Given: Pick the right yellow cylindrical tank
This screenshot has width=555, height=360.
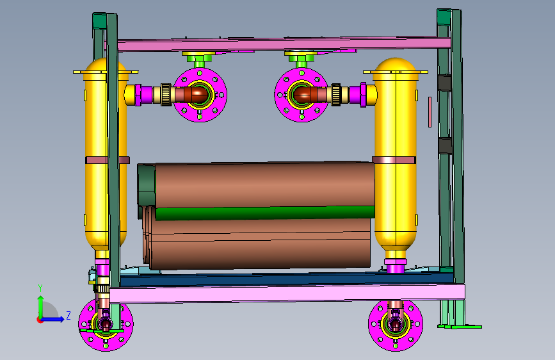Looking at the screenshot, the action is pyautogui.click(x=396, y=152).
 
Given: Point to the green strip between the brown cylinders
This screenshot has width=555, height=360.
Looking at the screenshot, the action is pyautogui.click(x=265, y=213).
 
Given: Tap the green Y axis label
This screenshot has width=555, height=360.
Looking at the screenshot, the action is pyautogui.click(x=40, y=288).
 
